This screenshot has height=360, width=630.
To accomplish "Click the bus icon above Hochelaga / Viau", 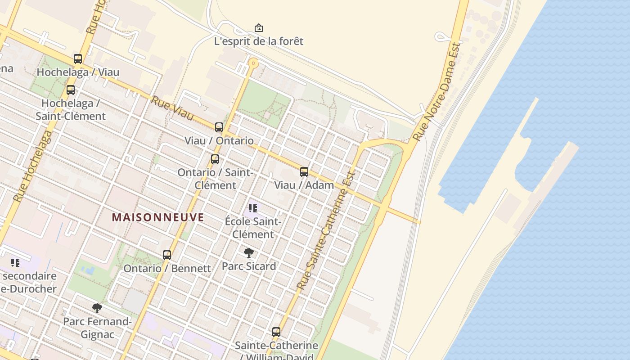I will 78,59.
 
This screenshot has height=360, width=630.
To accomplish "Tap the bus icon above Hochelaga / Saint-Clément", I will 71,90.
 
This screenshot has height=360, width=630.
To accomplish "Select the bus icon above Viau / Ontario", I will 219,127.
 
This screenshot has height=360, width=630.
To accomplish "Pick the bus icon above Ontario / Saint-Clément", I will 215,159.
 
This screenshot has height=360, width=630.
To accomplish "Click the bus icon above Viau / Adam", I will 304,172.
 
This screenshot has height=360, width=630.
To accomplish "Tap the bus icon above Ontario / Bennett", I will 167,255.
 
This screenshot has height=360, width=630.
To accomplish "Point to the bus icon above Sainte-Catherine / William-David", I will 276,332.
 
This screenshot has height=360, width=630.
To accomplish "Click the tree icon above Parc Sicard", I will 249,253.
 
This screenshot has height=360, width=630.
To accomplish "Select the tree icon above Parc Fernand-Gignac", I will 97,308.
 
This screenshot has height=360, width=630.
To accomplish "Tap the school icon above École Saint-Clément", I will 253,208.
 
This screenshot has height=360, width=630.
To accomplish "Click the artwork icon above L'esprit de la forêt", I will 259,28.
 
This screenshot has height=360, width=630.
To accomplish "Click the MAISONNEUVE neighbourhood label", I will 158,218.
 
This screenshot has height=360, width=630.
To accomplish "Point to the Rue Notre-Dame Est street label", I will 437,91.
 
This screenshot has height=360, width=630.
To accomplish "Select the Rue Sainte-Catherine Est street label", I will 326,230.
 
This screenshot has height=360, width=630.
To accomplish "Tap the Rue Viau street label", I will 172,108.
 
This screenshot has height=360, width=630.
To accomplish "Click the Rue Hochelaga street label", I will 32,166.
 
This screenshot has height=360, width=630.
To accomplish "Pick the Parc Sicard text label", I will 249,266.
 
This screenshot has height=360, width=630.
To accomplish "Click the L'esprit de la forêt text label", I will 259,41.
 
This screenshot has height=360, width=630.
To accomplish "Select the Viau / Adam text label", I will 304,185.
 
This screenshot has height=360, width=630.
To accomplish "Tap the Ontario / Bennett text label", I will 167,269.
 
